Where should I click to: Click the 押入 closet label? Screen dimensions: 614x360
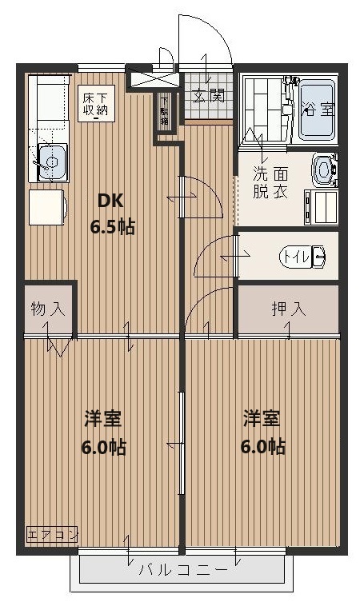coord(287,309)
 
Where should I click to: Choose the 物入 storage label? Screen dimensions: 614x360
coord(47,308)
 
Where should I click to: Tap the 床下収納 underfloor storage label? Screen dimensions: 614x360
coord(94,104)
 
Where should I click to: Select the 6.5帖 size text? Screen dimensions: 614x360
coord(112,226)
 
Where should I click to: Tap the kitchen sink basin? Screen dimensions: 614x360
coord(50,163)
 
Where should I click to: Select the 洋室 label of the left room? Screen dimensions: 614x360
coord(103,418)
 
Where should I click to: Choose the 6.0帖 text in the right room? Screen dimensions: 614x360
coord(262,446)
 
